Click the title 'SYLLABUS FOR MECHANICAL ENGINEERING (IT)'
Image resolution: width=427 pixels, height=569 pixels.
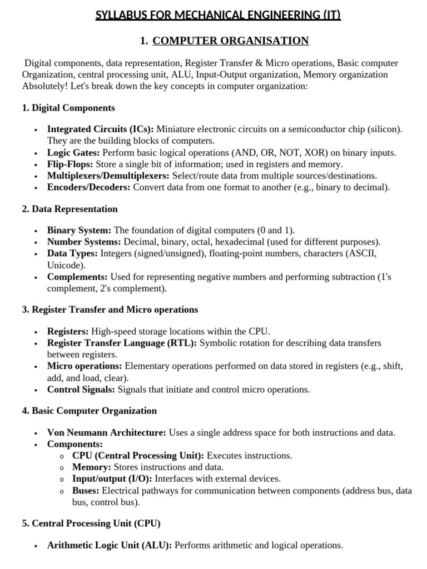(x=218, y=15)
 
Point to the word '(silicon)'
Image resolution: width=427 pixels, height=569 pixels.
(x=384, y=129)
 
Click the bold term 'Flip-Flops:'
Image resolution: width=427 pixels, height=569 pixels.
(x=71, y=164)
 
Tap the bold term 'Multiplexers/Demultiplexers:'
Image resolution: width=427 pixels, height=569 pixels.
(x=108, y=176)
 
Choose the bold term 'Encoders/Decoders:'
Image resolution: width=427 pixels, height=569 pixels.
(x=88, y=187)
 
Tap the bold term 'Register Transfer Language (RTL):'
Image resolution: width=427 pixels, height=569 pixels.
(x=122, y=343)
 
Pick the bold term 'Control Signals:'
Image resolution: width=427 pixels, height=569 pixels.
(x=81, y=390)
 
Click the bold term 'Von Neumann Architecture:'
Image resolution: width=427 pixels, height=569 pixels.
(x=106, y=432)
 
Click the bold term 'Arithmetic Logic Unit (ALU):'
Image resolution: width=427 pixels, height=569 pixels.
(x=110, y=546)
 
